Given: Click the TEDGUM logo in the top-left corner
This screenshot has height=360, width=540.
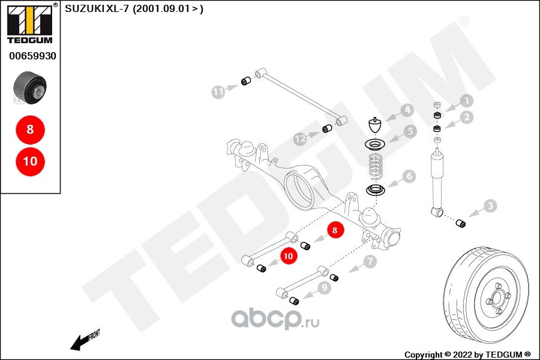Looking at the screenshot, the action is (x=30, y=24).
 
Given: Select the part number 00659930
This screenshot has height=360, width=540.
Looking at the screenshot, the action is (x=32, y=56).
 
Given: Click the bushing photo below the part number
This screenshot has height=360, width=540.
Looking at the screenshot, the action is (x=30, y=87).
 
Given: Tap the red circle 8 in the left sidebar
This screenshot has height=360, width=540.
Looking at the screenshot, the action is (x=30, y=129).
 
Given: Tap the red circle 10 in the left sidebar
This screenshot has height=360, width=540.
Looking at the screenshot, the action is (x=30, y=161).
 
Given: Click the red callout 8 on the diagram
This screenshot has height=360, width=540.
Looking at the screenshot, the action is (x=335, y=229).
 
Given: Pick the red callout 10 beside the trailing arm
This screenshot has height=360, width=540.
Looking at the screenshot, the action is (x=289, y=255).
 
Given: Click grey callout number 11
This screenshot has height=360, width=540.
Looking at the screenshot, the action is (x=218, y=92).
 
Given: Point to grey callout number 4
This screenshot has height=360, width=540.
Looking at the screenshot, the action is (x=407, y=111).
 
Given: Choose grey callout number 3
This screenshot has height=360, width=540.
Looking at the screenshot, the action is (x=490, y=206).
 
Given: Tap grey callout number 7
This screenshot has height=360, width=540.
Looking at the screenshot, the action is (x=370, y=262).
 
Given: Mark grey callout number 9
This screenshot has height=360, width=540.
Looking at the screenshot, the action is (x=325, y=287).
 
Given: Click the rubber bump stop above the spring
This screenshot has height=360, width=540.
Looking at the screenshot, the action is (x=375, y=126).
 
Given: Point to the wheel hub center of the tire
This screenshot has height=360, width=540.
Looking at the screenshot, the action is (x=496, y=298).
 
